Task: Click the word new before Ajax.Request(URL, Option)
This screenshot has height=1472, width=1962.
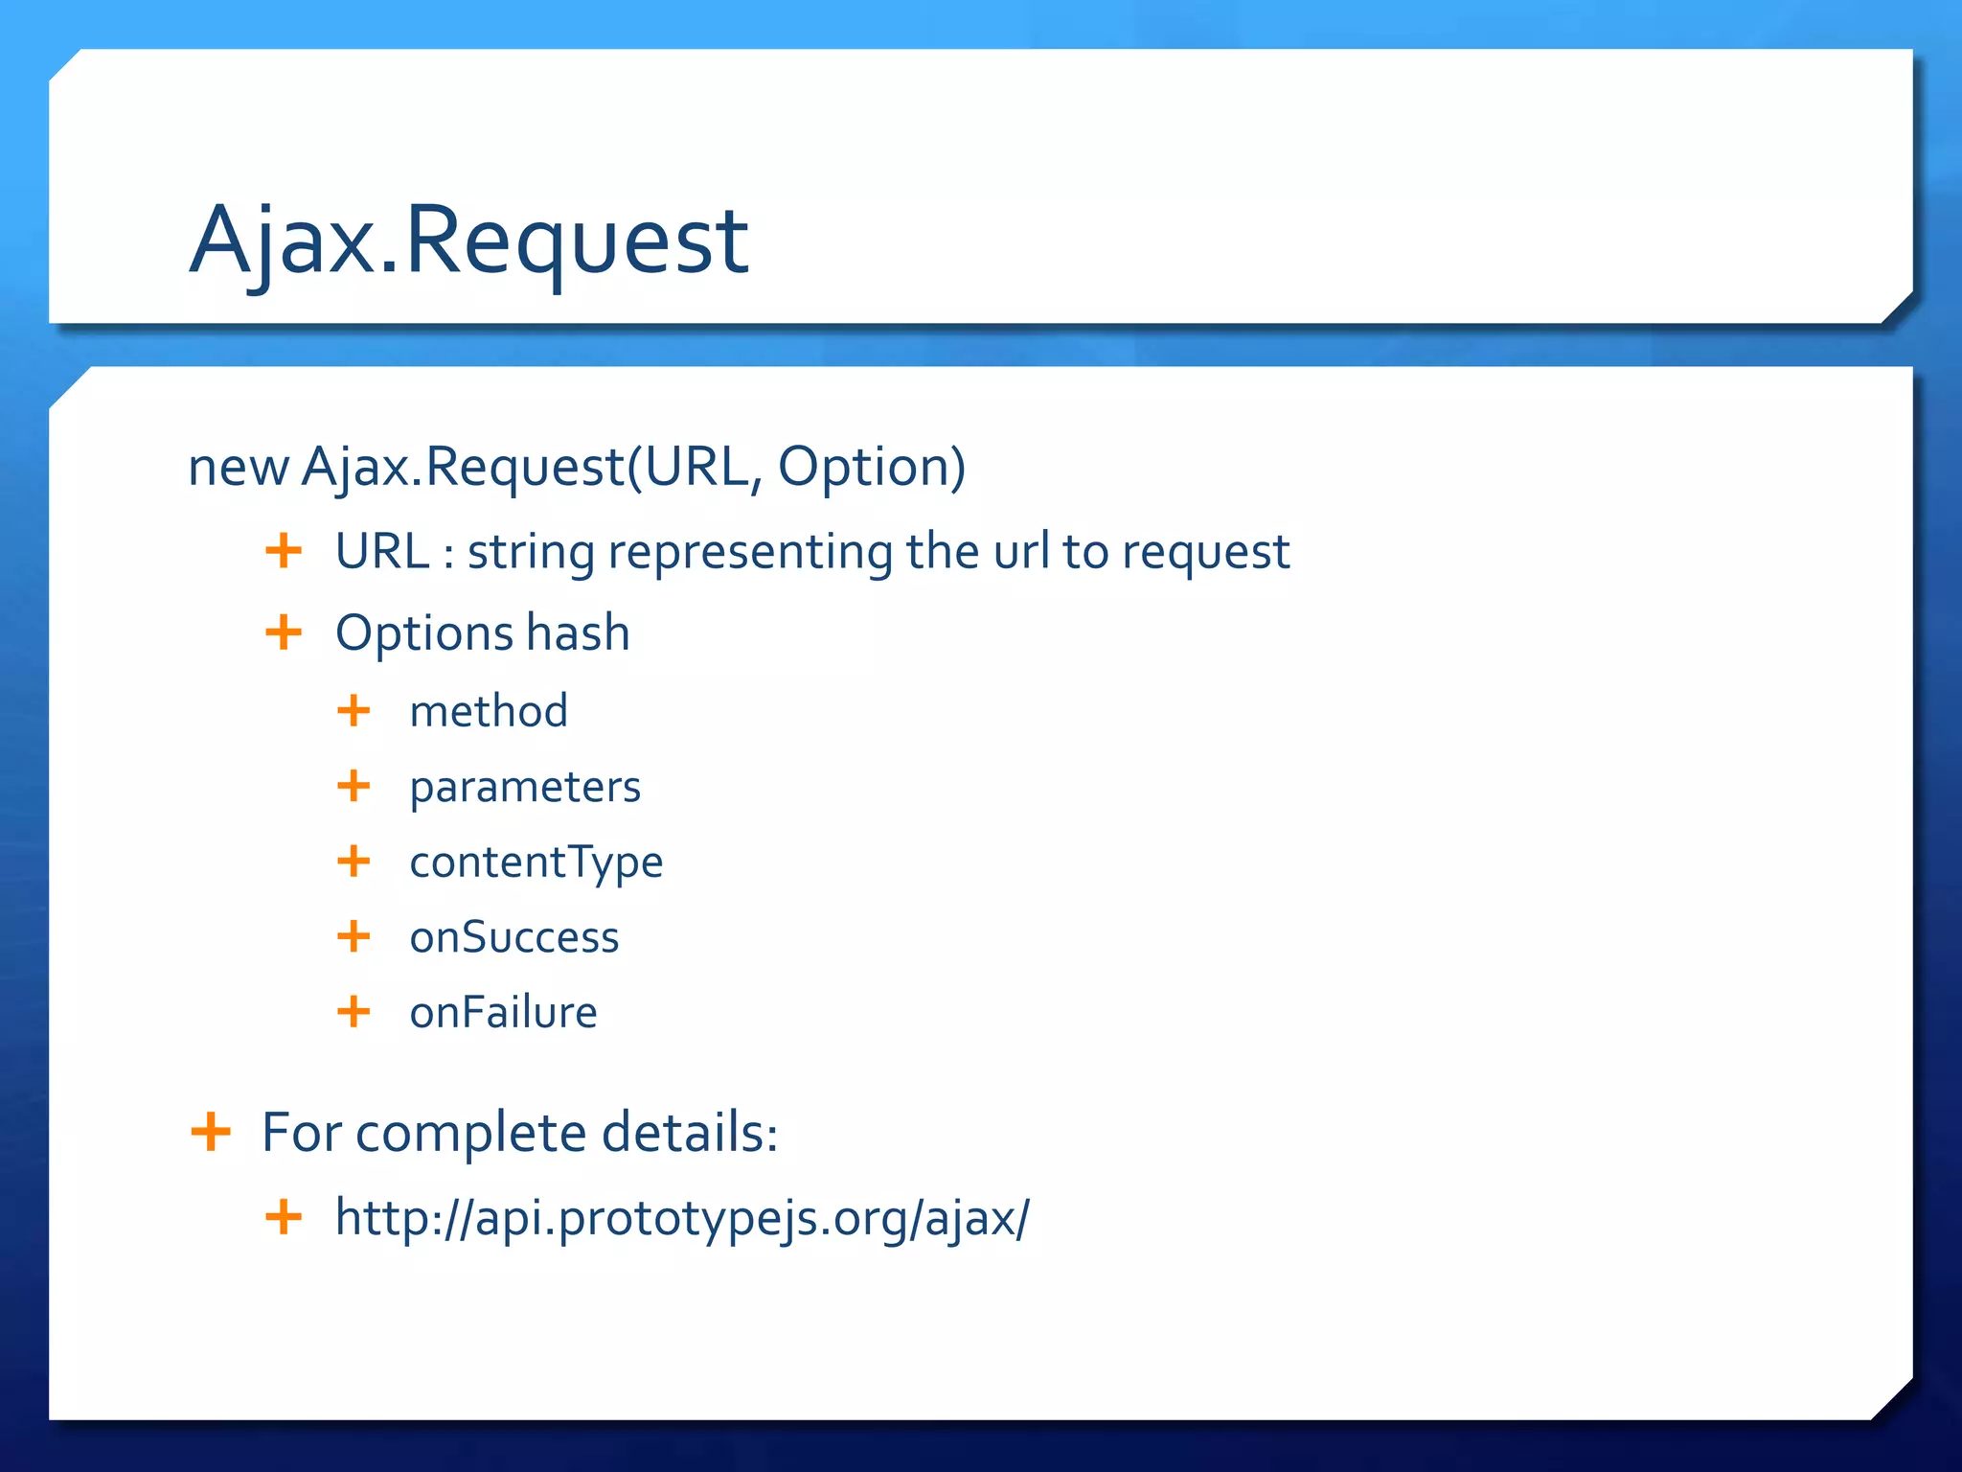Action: point(238,468)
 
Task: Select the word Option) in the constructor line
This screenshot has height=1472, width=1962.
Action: point(871,468)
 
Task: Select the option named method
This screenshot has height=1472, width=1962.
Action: point(489,711)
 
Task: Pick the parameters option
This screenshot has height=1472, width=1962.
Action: point(525,788)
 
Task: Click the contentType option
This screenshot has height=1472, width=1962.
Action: point(536,862)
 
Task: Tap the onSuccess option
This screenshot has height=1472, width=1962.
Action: point(514,937)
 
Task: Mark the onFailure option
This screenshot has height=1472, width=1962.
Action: point(503,1013)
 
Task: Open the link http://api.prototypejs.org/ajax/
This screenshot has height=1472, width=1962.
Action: point(682,1219)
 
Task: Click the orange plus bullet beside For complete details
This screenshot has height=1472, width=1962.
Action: point(211,1132)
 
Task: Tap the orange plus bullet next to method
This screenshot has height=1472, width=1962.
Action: point(354,710)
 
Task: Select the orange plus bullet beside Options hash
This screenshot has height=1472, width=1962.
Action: point(284,632)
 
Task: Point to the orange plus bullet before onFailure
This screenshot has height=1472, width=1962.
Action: point(354,1011)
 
